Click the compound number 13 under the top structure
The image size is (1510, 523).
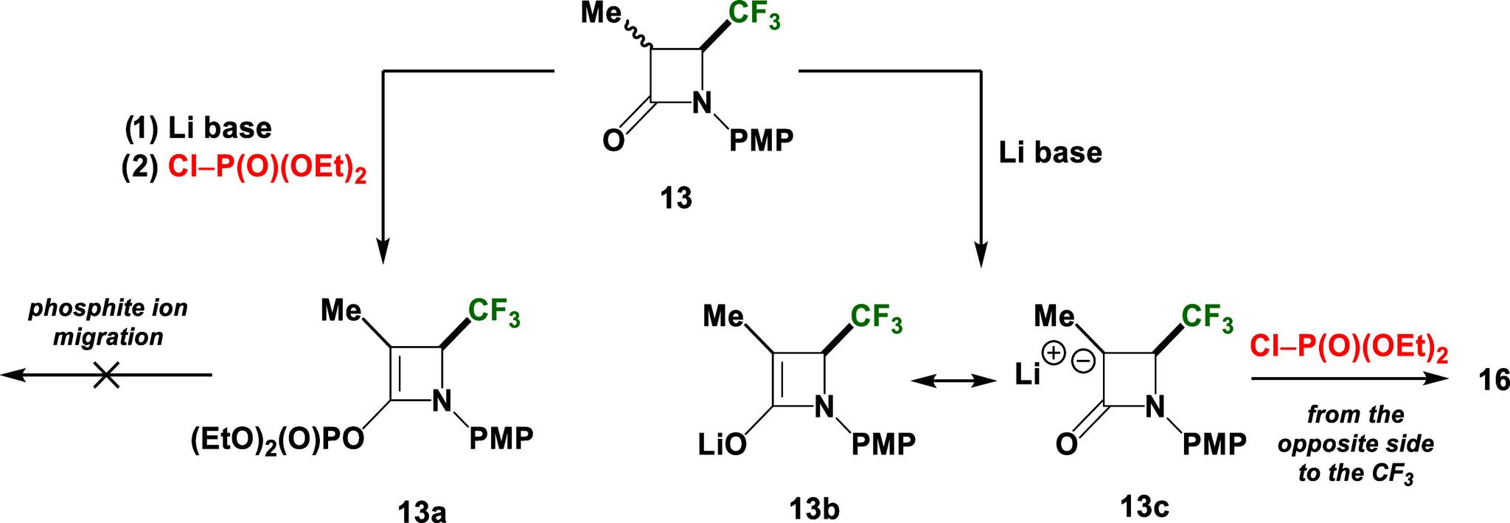point(676,199)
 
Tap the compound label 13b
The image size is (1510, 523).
point(815,508)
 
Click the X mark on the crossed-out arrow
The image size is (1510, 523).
point(107,376)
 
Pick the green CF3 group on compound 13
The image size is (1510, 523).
point(754,17)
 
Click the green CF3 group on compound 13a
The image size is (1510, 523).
point(494,312)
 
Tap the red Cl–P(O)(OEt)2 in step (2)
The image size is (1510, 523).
point(267,167)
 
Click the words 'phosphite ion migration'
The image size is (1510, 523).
point(108,322)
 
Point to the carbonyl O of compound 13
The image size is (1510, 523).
point(613,140)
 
